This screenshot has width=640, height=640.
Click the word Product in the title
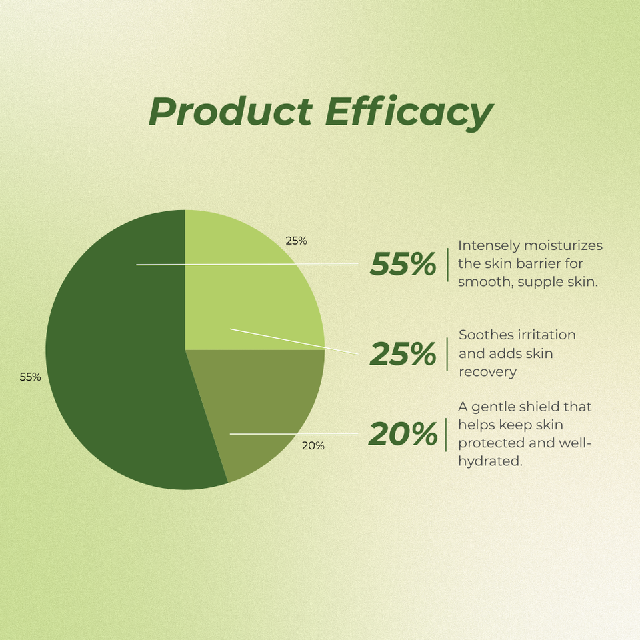point(231,111)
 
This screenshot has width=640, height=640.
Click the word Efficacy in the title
point(409,113)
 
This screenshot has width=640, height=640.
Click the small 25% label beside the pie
point(296,241)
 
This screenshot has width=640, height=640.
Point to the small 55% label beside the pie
point(30,377)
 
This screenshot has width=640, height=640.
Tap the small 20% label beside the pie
point(313,446)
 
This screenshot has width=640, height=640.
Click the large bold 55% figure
point(403,264)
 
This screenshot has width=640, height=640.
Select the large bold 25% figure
point(403,354)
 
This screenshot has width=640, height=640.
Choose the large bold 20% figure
point(403,434)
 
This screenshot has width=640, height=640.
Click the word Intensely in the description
point(489,246)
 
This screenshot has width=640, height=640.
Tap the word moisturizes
point(563,246)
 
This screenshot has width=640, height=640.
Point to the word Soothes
point(483,335)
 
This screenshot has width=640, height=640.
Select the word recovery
point(488,372)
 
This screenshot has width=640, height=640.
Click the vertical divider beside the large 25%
point(447,354)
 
